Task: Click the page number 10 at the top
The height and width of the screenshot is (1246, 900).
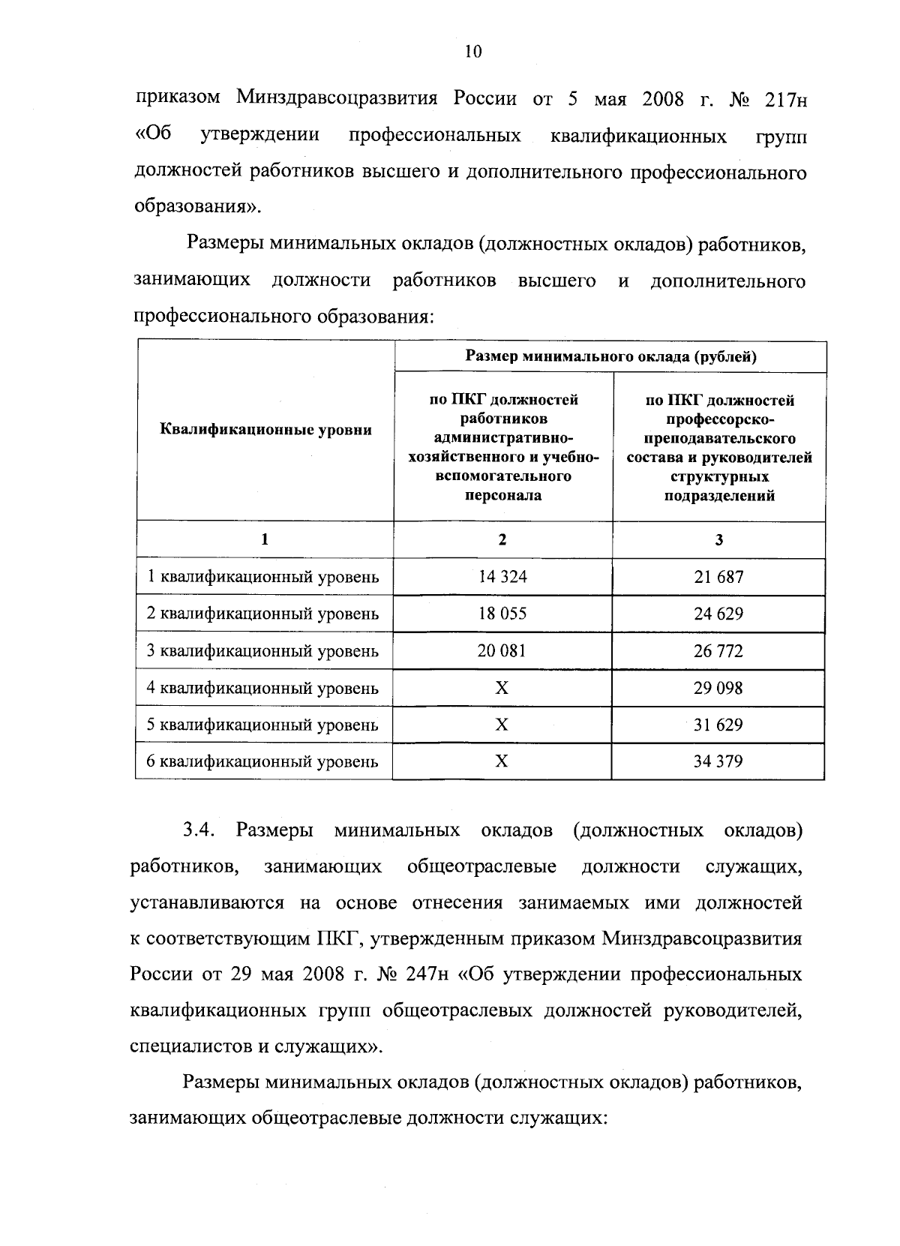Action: (x=473, y=51)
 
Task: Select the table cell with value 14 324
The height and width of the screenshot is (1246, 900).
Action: (x=502, y=577)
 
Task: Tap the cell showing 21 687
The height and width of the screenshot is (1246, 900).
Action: (x=718, y=577)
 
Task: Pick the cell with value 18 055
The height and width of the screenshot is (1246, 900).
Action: (x=502, y=614)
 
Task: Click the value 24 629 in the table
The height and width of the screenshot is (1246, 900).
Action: (x=718, y=614)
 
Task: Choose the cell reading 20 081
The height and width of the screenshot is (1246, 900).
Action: (x=502, y=650)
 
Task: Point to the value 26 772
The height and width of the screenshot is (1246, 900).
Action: (x=718, y=650)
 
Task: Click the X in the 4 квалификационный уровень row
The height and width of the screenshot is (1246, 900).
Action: (x=502, y=688)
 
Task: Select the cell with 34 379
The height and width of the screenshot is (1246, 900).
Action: (x=718, y=761)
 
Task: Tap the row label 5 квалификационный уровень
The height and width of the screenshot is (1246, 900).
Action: (x=262, y=725)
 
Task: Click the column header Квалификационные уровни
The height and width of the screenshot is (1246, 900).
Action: (x=266, y=430)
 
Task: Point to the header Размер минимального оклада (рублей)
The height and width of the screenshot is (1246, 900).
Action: (x=610, y=356)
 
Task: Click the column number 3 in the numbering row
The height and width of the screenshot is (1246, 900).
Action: (x=718, y=539)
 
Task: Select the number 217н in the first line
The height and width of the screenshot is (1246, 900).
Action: (x=786, y=99)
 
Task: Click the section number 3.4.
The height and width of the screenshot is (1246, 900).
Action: (x=199, y=830)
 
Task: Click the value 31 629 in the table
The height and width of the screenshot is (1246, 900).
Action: (x=718, y=725)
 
